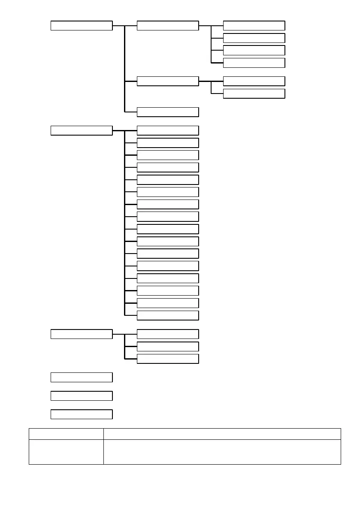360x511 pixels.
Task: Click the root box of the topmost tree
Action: [82, 26]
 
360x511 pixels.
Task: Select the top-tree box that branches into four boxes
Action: [168, 26]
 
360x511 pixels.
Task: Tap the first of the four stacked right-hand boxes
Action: [254, 26]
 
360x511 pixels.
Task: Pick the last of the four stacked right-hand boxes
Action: [254, 63]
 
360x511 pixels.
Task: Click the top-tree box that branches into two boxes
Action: [168, 81]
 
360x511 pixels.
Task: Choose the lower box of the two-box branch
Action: [254, 94]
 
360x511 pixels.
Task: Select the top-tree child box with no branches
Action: [168, 112]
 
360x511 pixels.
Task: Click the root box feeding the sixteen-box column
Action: [82, 130]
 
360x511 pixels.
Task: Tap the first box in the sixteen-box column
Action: [168, 130]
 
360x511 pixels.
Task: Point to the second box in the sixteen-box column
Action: [168, 143]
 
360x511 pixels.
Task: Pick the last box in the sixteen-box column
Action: [168, 315]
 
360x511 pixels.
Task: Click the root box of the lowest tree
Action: [82, 334]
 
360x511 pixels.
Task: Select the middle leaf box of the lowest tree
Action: [168, 346]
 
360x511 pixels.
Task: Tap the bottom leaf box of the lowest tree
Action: [168, 359]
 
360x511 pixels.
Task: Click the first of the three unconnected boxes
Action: [82, 377]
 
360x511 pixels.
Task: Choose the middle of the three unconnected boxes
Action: [82, 396]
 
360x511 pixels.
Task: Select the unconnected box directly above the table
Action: [82, 414]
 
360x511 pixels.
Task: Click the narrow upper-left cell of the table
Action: [66, 434]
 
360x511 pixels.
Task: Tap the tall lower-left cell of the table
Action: [66, 452]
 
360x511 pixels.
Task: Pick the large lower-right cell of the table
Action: [222, 452]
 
